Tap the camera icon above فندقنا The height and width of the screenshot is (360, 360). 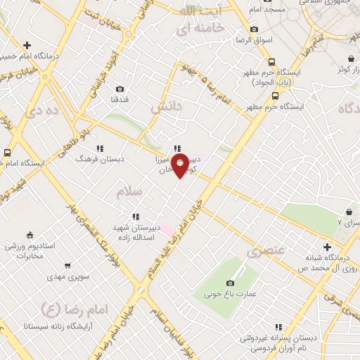pos(120,89)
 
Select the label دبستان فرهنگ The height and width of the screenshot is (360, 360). pos(101,159)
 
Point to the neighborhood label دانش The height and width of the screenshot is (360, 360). pos(166,107)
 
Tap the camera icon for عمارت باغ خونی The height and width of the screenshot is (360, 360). pos(230,283)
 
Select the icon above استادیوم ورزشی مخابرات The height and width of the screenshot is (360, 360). pos(30,234)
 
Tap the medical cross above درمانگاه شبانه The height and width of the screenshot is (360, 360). pos(326,247)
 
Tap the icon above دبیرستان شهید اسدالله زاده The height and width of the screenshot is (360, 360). pos(134,217)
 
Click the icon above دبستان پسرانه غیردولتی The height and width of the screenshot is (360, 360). pos(280,327)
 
